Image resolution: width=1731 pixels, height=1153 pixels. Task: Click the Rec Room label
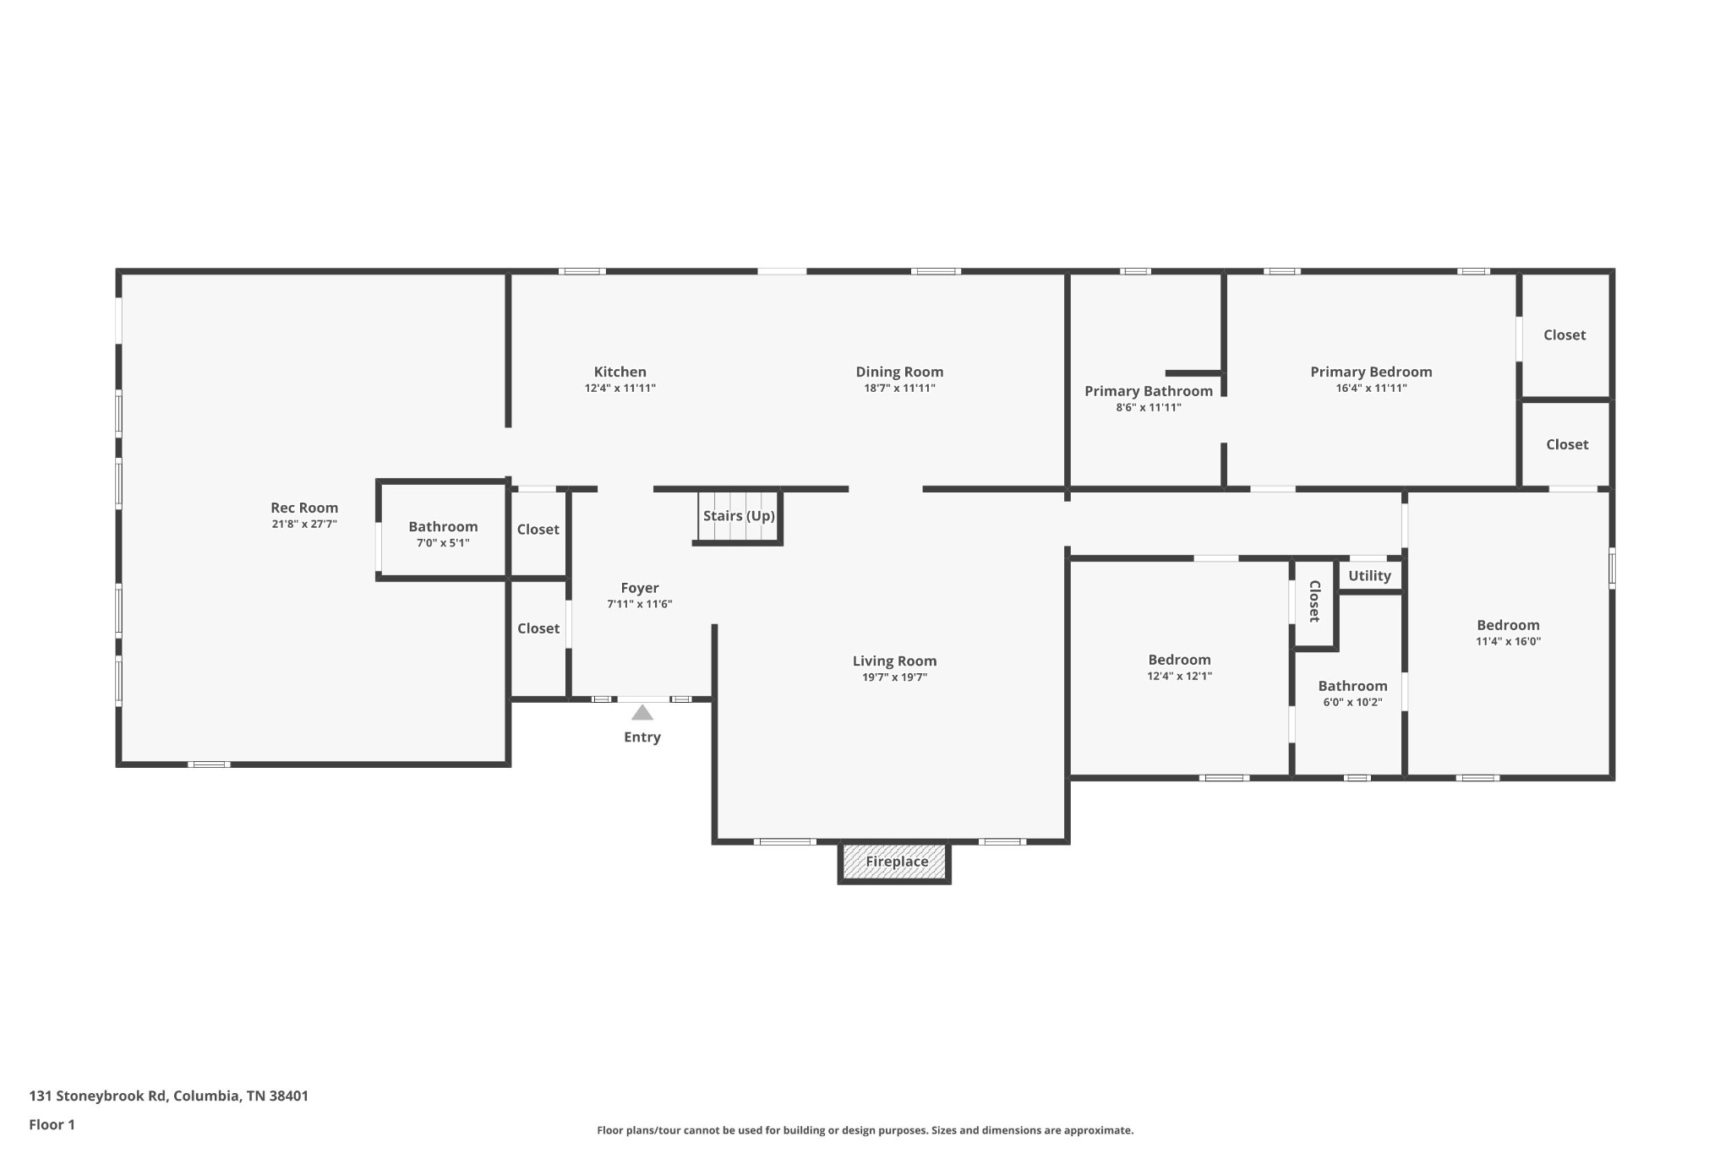click(x=304, y=508)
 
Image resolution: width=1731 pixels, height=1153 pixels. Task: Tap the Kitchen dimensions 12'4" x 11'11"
click(x=620, y=389)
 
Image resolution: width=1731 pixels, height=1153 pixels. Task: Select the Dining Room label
click(x=898, y=372)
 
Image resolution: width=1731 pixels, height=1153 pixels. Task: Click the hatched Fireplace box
click(x=895, y=862)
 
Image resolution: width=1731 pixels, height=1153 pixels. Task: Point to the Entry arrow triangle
click(x=642, y=713)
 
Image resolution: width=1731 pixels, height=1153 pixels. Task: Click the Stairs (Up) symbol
click(x=738, y=516)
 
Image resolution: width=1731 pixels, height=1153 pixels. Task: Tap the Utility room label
click(x=1369, y=576)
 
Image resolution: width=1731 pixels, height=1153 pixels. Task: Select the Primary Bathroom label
click(x=1148, y=391)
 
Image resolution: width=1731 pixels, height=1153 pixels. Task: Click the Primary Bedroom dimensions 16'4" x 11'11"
click(x=1370, y=389)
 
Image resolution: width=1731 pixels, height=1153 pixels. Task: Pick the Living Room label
click(x=894, y=661)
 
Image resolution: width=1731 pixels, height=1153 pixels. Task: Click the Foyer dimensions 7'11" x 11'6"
click(x=639, y=604)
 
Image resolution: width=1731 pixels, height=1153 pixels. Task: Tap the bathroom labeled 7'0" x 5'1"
click(x=443, y=534)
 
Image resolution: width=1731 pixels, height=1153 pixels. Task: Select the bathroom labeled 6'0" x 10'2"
click(x=1351, y=693)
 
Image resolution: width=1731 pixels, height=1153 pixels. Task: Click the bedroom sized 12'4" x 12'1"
click(x=1179, y=667)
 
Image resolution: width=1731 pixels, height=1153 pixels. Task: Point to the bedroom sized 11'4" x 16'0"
click(x=1508, y=633)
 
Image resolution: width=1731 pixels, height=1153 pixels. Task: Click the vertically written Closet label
click(x=1314, y=601)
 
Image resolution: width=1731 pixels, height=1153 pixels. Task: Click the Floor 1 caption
click(x=52, y=1125)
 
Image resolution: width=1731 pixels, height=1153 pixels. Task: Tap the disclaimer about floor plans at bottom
click(x=865, y=1130)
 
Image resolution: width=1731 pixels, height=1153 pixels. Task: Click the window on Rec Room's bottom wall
click(x=208, y=764)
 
